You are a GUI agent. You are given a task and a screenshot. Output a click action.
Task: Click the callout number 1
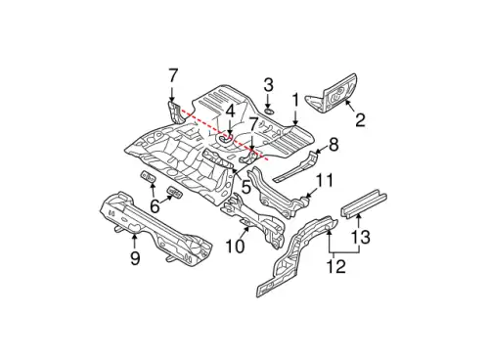point(295,100)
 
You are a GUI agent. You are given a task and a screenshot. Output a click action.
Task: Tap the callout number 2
point(360,119)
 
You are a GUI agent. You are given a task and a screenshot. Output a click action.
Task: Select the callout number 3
point(268,85)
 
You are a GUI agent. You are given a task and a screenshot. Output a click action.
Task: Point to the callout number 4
point(230,112)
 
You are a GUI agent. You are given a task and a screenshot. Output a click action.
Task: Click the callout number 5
point(245,187)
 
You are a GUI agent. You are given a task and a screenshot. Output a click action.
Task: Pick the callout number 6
point(155,206)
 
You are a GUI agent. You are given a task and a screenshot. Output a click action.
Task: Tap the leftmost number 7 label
point(173,76)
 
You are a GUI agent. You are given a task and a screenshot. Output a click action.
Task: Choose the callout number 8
point(333,145)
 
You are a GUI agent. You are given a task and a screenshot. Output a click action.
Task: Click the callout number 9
point(135,258)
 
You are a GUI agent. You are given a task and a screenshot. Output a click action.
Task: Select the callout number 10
point(235,247)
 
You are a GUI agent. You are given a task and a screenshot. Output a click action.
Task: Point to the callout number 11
point(324,180)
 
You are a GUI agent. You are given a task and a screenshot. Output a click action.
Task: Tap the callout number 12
point(336,267)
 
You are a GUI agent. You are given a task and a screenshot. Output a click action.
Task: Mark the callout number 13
point(361,237)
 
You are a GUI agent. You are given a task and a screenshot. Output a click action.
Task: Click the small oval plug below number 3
point(268,112)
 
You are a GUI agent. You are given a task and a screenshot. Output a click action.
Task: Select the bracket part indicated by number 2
point(332,94)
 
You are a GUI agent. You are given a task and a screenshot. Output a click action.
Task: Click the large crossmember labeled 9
point(156,227)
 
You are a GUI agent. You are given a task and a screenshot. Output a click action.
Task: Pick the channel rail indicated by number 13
point(364,202)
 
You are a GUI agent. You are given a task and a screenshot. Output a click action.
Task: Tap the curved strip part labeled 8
point(295,166)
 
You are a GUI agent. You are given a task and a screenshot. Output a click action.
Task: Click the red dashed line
point(225,135)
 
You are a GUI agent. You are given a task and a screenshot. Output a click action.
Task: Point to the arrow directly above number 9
point(134,241)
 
